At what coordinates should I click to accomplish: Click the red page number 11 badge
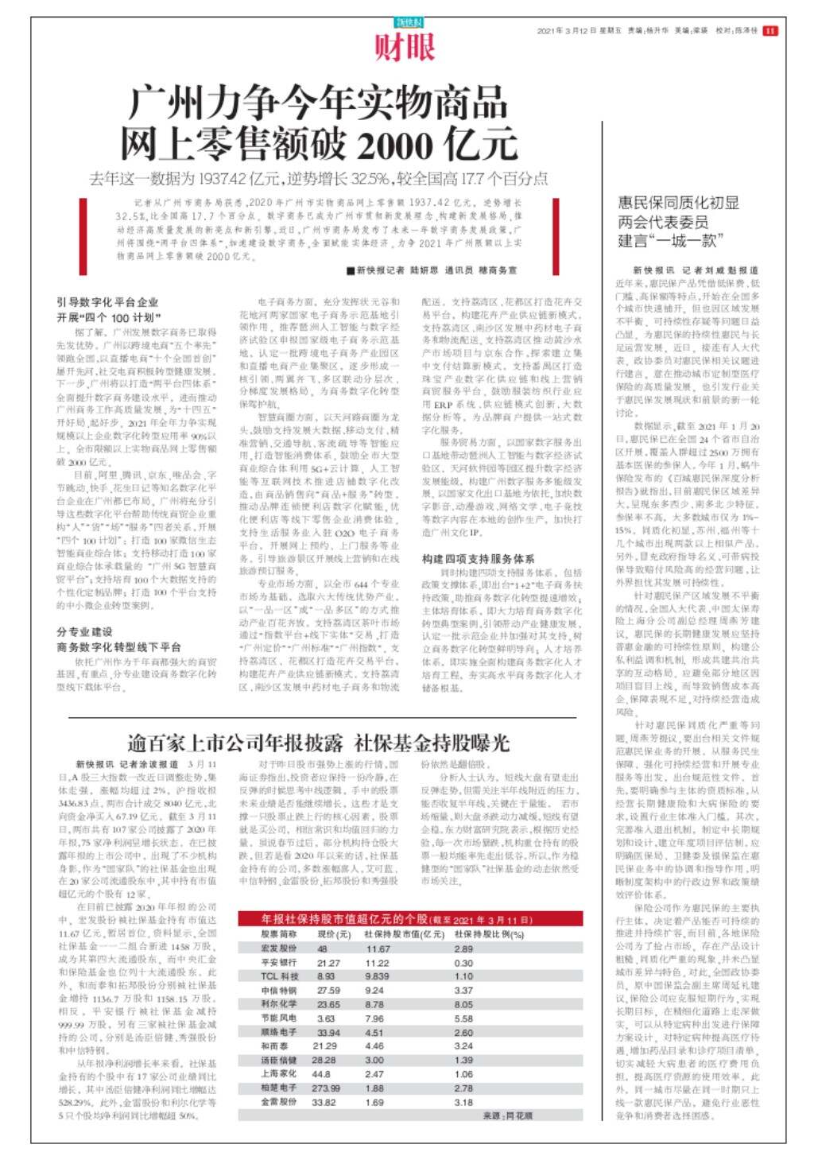[x=770, y=30]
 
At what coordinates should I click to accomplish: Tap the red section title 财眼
[x=405, y=48]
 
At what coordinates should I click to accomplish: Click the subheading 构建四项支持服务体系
[x=478, y=558]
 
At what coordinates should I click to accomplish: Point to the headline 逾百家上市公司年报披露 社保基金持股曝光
[x=318, y=743]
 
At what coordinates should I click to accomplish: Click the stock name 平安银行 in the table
[x=280, y=962]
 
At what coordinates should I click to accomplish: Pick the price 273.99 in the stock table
[x=326, y=1088]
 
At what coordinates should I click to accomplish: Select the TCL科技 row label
[x=280, y=976]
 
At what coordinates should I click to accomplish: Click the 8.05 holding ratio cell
[x=463, y=1004]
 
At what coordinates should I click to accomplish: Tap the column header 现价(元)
[x=334, y=934]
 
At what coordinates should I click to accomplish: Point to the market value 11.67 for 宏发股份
[x=378, y=949]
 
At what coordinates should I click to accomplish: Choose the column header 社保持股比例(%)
[x=489, y=934]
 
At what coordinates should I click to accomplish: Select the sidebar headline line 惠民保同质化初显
[x=678, y=203]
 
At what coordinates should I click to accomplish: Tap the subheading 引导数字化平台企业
[x=107, y=302]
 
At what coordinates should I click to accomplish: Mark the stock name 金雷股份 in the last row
[x=280, y=1102]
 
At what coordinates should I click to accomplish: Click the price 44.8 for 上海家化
[x=321, y=1073]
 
